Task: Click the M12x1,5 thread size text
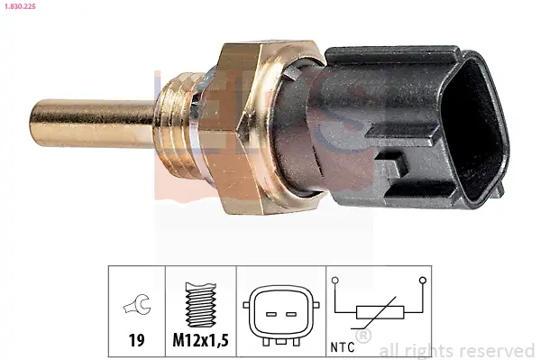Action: (x=200, y=342)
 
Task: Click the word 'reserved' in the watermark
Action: (x=499, y=350)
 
